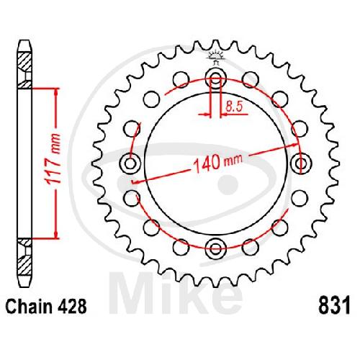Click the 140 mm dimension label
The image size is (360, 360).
218,163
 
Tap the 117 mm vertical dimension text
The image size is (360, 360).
53,158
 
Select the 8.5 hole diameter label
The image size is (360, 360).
235,107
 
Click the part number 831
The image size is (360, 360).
334,305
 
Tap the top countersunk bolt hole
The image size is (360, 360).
216,78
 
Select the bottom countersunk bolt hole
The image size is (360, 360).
216,248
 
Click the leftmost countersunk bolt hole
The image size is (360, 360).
130,163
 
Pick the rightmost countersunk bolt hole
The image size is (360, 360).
301,163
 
